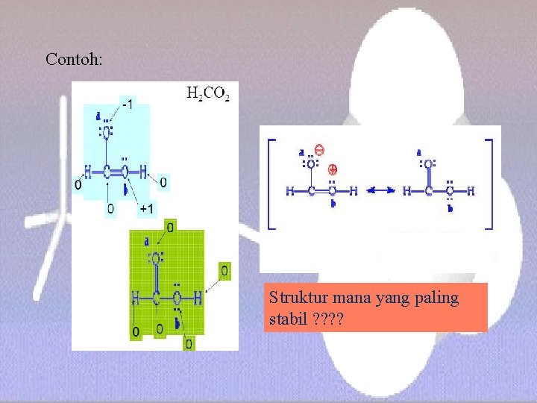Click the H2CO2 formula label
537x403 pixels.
208,94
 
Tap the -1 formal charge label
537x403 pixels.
128,104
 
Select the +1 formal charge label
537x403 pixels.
148,209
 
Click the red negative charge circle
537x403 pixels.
319,149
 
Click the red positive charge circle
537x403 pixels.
333,169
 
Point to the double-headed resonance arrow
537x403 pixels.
381,191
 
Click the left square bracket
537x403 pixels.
270,183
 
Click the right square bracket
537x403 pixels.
489,183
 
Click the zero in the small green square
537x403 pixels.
224,269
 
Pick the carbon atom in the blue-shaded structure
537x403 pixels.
107,173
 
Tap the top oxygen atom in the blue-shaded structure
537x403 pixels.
107,133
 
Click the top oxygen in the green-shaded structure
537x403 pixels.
157,259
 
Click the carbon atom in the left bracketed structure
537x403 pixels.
310,191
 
